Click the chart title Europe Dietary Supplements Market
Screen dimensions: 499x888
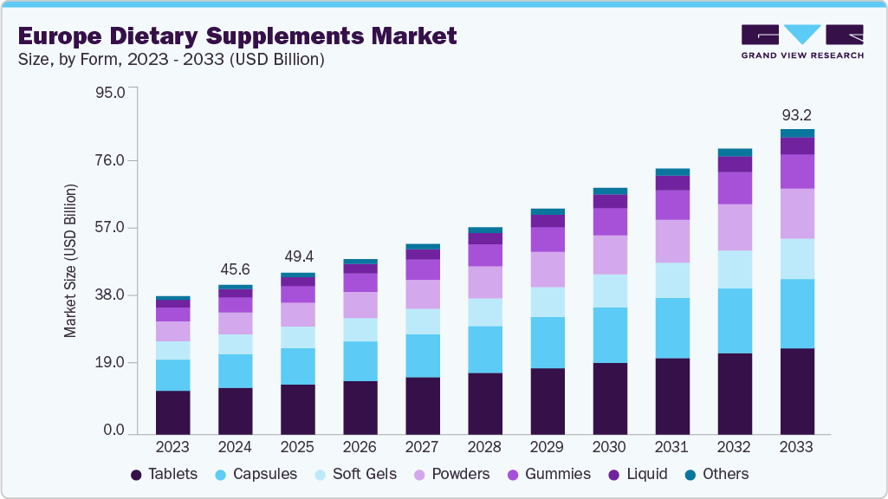[237, 36]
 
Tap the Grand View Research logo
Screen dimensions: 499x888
[801, 41]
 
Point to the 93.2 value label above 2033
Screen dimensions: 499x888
[796, 115]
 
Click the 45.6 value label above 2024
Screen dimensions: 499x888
[235, 269]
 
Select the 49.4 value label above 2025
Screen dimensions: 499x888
[297, 257]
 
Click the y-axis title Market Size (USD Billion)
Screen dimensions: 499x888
[70, 261]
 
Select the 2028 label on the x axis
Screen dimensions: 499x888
[484, 447]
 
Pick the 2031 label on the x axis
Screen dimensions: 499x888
[671, 447]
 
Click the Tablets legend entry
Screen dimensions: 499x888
[164, 474]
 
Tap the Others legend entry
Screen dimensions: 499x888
[716, 474]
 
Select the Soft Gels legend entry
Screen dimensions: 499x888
[355, 474]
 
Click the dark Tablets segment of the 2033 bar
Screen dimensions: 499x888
[796, 391]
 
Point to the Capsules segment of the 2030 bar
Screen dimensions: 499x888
[609, 334]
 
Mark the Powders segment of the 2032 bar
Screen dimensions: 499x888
[734, 227]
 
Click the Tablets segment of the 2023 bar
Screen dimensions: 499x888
[172, 412]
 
